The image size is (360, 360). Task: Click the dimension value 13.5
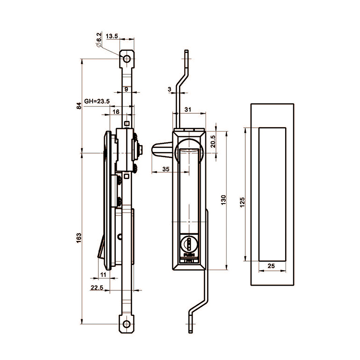112,36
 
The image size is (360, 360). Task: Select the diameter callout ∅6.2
99,40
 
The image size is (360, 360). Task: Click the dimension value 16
116,111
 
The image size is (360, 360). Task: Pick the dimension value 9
126,89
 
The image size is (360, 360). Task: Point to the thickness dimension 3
170,89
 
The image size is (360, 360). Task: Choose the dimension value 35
166,168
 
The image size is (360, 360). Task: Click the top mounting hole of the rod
127,60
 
